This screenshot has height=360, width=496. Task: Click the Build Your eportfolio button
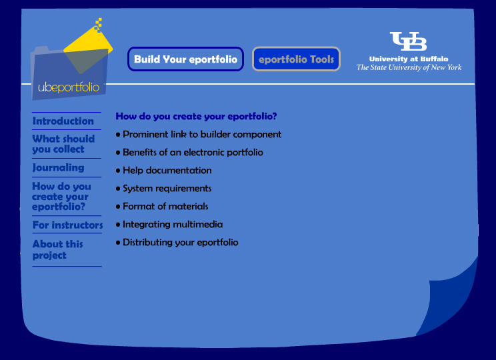(x=185, y=59)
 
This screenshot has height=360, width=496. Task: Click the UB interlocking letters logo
(x=408, y=41)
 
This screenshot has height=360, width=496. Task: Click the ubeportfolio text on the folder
(x=69, y=87)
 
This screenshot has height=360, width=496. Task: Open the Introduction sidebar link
(x=63, y=121)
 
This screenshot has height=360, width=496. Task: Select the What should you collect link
(x=63, y=143)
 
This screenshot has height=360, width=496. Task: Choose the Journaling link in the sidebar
(x=58, y=167)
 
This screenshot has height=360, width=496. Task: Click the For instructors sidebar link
(x=68, y=225)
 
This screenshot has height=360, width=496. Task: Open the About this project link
(x=57, y=249)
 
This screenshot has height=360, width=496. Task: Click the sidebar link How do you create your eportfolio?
(x=61, y=197)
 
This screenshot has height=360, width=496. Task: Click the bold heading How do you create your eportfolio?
(x=196, y=117)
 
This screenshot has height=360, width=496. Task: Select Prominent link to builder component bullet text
(x=202, y=135)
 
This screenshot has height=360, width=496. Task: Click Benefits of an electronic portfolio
(x=193, y=153)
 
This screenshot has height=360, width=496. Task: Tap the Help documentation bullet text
(x=167, y=171)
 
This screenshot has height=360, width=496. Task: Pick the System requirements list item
(x=167, y=189)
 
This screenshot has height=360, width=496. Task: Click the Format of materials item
(x=165, y=207)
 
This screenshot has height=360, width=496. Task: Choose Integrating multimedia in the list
(x=173, y=225)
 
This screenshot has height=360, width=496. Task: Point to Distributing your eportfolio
(x=180, y=243)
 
